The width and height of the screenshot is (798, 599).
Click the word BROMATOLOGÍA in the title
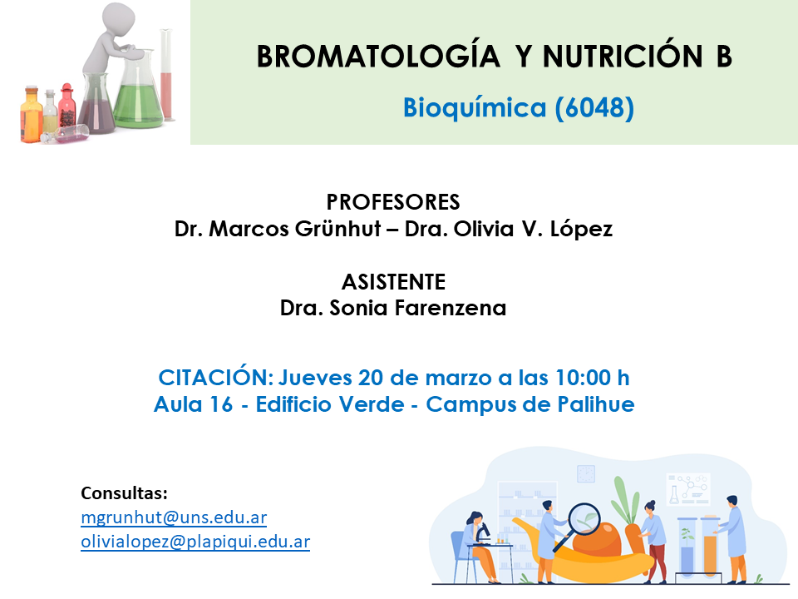click(378, 56)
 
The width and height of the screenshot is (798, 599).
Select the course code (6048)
click(594, 108)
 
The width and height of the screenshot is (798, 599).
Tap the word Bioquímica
click(475, 108)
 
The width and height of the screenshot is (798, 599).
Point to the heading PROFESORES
click(393, 202)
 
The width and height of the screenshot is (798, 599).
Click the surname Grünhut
click(338, 229)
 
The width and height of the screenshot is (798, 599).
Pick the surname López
click(581, 229)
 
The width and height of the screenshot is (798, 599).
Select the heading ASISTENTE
click(393, 282)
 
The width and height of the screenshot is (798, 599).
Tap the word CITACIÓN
click(216, 377)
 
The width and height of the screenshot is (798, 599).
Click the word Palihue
click(596, 404)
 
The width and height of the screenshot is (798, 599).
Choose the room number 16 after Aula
click(221, 404)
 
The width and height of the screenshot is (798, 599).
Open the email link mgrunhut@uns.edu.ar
click(174, 517)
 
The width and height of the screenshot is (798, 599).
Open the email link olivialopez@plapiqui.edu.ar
click(195, 542)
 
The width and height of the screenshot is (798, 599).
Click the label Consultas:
click(124, 493)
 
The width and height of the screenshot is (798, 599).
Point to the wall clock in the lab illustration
click(586, 473)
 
